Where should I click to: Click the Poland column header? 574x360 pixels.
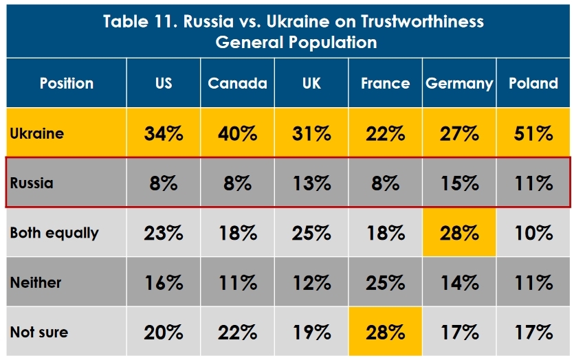coord(533,83)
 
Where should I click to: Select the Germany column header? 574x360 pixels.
coord(459,83)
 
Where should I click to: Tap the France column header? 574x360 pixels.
coord(385,83)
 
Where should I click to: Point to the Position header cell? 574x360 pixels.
coord(67,83)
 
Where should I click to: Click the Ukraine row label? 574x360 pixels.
coord(37,133)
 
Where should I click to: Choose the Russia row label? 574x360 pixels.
coord(32,183)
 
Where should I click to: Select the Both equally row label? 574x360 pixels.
coord(54,233)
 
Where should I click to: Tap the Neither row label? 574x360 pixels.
coord(36,282)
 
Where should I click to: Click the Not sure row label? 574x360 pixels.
coord(39,333)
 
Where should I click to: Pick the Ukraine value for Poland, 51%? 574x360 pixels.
coord(533,133)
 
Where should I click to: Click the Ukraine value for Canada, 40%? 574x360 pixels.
coord(237,133)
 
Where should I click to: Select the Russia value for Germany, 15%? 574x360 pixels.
coord(459,183)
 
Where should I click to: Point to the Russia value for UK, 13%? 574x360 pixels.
coord(311,183)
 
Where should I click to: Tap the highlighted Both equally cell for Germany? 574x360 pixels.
coord(459,233)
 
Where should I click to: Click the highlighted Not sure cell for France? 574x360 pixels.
coord(385,333)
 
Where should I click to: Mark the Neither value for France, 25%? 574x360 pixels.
coord(385,282)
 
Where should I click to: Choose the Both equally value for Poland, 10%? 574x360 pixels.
coord(533,233)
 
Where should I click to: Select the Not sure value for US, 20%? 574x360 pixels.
coord(164,333)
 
